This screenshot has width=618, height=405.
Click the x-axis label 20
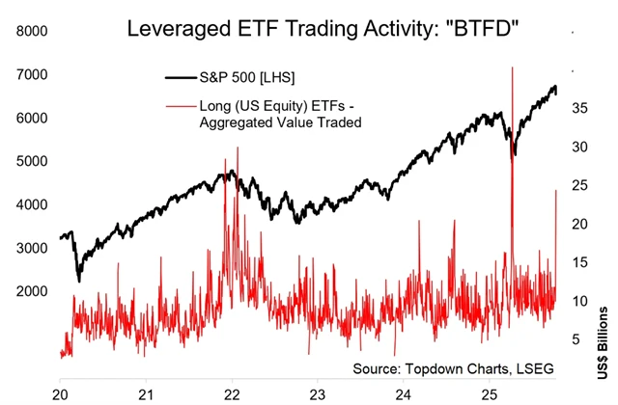point(60,394)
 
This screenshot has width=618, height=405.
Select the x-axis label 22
point(232,394)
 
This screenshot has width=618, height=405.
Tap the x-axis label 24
point(404,394)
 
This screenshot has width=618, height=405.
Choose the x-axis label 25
point(489,394)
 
